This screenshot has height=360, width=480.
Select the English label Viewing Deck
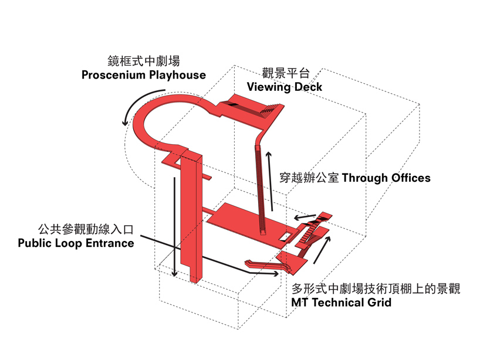point(284,87)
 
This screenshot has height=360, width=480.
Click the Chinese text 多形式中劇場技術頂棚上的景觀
point(376,290)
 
